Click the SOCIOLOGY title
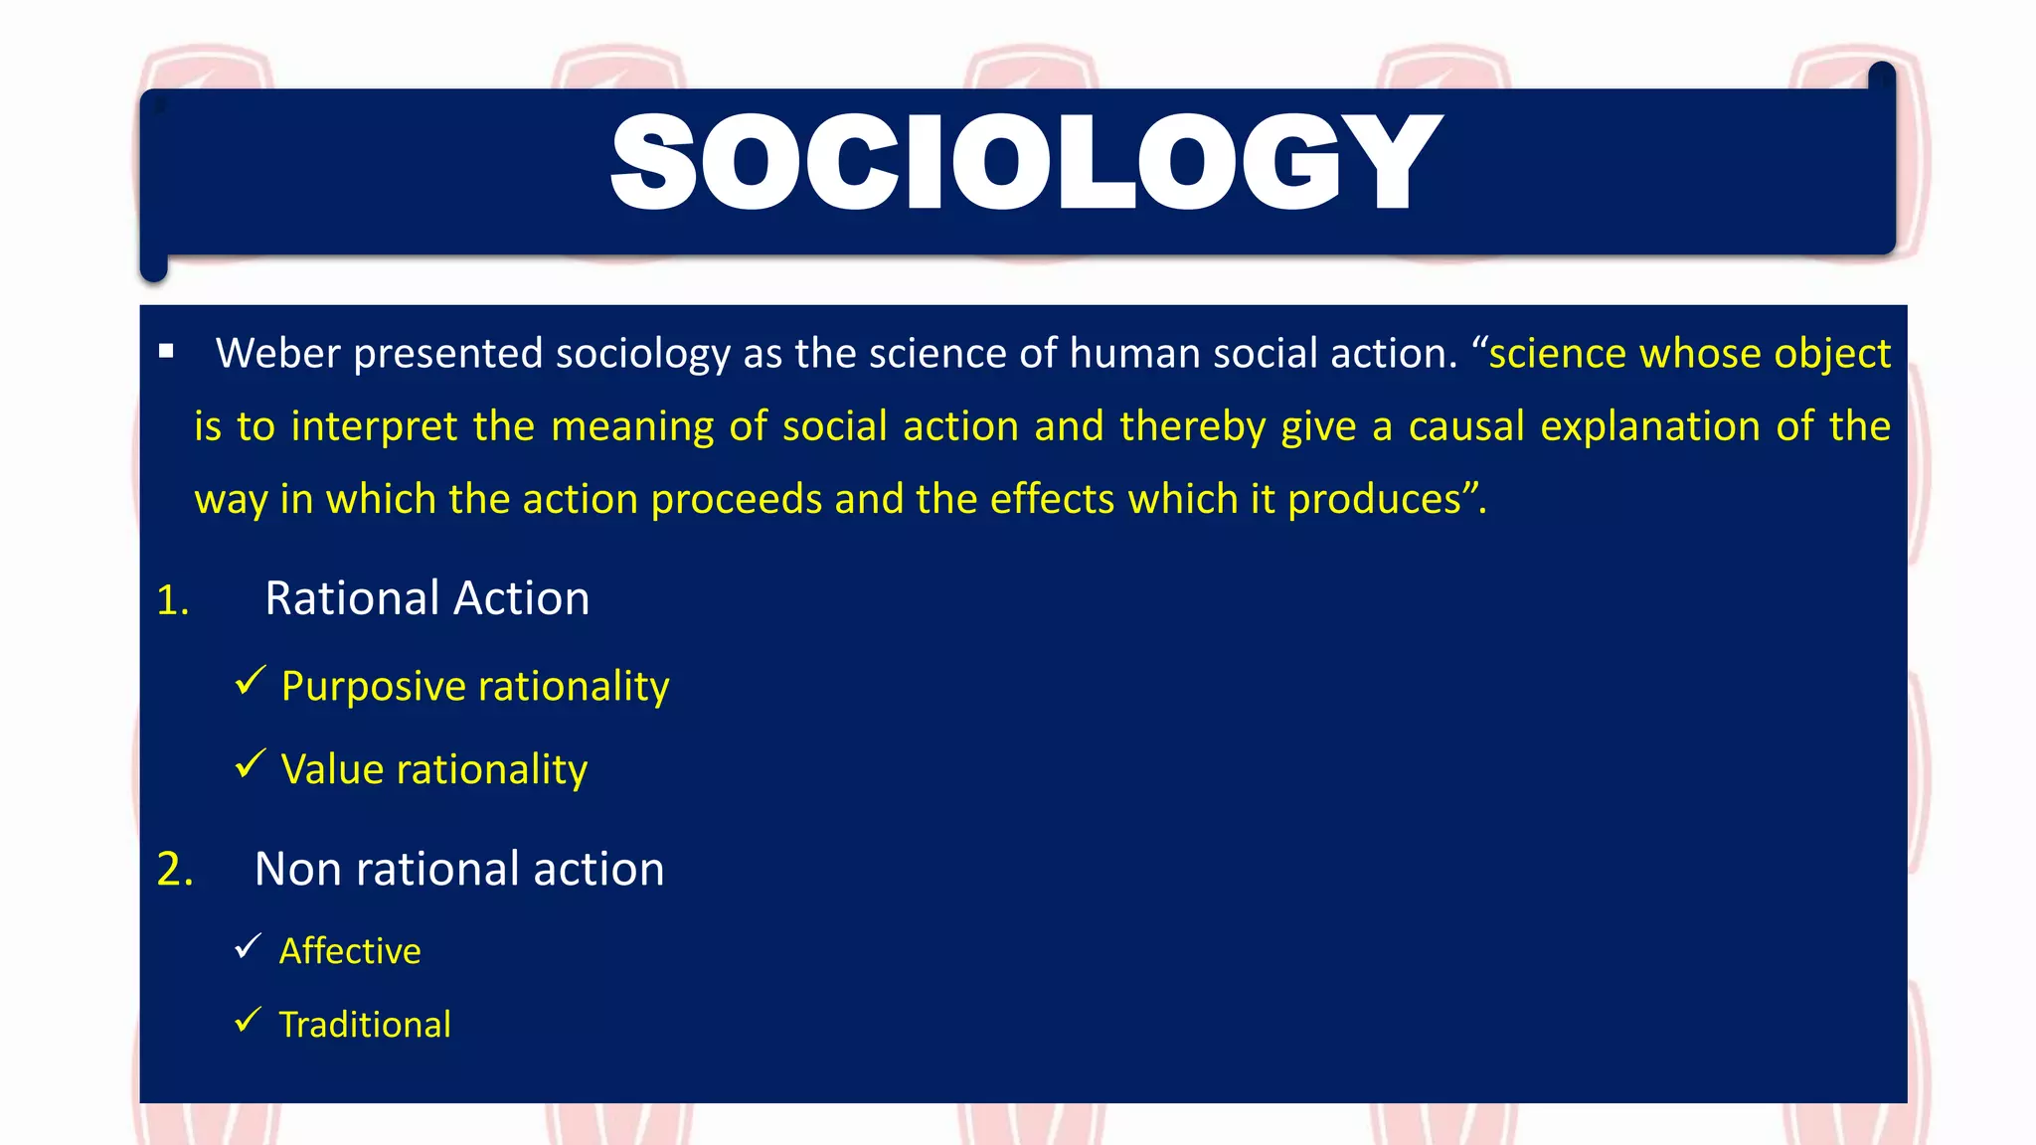tap(1026, 162)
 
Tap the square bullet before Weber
tap(166, 351)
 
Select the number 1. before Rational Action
tap(173, 600)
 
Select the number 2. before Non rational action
tap(175, 870)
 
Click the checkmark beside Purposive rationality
tap(250, 682)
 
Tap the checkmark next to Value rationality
tap(250, 764)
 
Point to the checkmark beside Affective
tap(248, 946)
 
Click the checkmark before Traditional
tap(248, 1020)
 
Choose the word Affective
tap(350, 951)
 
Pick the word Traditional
tap(365, 1025)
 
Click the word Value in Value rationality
tap(332, 770)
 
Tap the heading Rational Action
tap(426, 599)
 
